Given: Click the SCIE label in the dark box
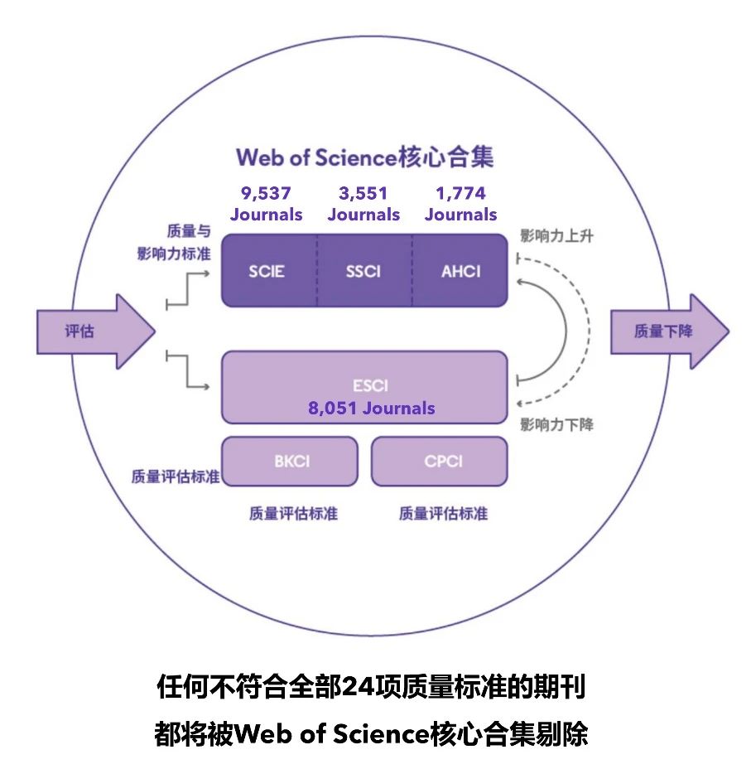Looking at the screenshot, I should coord(267,271).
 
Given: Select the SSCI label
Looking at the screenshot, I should coord(363,271).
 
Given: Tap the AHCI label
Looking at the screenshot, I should coord(460,271).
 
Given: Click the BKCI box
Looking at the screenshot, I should coord(291,461).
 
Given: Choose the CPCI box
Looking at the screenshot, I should coord(439,461).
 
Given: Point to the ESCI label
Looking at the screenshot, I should coord(369,385).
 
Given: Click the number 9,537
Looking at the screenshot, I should coord(266,194).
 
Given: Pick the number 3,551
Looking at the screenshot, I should coord(363,194).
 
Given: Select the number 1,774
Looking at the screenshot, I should coord(461,194).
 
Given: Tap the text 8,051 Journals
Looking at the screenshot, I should coord(370,408).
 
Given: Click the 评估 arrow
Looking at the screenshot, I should coord(90,331).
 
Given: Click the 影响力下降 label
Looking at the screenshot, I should coord(557,425).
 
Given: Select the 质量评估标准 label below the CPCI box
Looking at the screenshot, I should coord(443,513).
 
